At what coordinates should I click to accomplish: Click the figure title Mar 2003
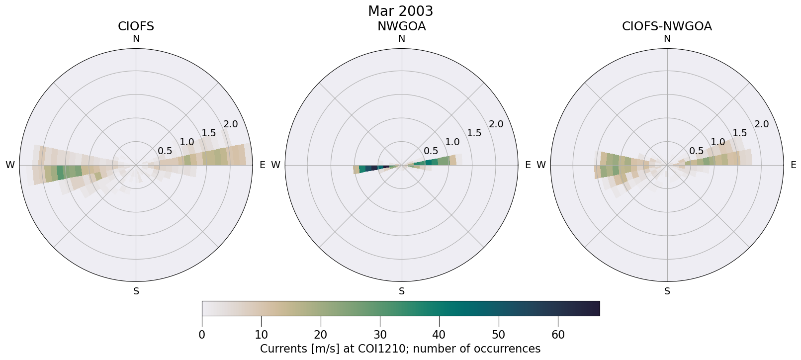coord(400,11)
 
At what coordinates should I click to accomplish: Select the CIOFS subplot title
coord(136,26)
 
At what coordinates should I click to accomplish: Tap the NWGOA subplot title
coord(401,26)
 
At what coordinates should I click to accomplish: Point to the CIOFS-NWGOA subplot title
coord(667,26)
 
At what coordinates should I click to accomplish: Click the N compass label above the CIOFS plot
coord(136,39)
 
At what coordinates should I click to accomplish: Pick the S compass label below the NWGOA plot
coord(402,291)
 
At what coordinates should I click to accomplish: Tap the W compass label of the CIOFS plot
coord(10,165)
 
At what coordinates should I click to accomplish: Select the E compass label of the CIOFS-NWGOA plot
coord(794,165)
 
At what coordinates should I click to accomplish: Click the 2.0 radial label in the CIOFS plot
coord(231,124)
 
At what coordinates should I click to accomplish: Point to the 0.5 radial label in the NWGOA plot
coord(431,151)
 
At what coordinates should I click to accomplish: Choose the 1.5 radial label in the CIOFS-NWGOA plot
coord(740,133)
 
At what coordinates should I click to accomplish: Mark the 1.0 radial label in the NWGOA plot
coord(452,142)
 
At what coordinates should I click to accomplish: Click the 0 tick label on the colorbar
coord(202,335)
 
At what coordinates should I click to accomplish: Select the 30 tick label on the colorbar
coord(380,335)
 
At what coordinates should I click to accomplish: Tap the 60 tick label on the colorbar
coord(558,335)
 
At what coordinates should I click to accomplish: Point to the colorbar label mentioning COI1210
coord(400,349)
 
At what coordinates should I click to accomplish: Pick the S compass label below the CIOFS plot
coord(136,291)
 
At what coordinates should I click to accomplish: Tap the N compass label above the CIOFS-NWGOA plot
coord(667,39)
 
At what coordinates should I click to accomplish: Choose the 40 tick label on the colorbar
coord(439,335)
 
